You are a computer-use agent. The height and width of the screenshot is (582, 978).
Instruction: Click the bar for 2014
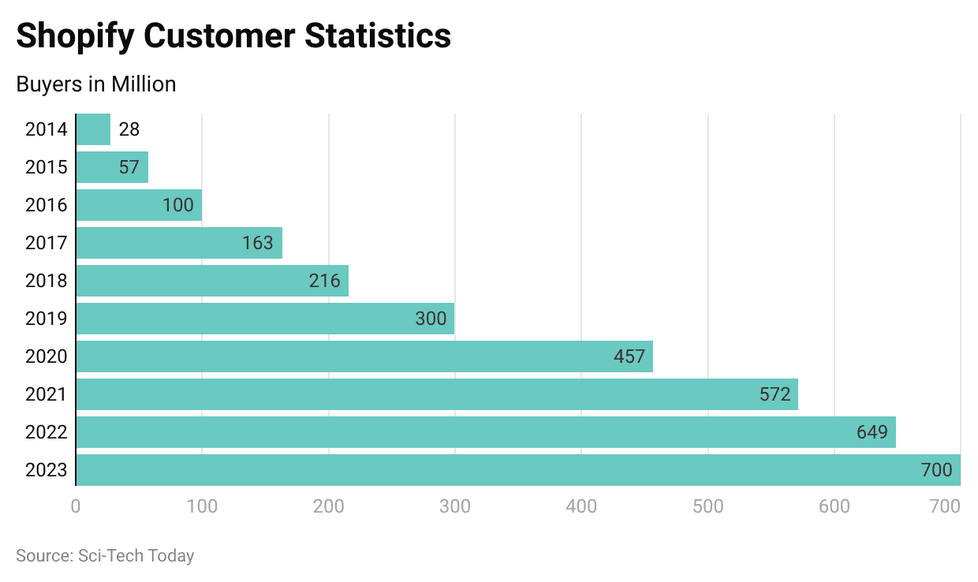coord(93,129)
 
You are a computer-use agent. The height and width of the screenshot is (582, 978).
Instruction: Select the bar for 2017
coord(179,243)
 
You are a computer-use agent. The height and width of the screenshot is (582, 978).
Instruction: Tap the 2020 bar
coord(364,356)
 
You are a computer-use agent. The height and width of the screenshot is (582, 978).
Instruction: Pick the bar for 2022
coord(485,432)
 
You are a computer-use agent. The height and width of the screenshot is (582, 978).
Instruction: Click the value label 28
coord(129,129)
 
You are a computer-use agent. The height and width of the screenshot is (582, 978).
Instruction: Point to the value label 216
coord(325,281)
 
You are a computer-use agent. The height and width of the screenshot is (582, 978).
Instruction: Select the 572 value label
coord(775,394)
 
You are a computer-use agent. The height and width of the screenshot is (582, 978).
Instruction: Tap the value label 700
coord(937,470)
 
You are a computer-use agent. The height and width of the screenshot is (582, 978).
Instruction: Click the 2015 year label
coord(47,167)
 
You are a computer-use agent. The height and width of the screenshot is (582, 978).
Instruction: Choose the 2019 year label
coord(47,319)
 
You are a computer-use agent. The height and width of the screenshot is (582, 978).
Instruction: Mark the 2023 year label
coord(47,470)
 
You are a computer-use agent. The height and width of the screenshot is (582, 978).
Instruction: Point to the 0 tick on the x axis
coord(76,506)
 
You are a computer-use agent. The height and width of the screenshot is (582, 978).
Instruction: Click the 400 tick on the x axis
coord(581,506)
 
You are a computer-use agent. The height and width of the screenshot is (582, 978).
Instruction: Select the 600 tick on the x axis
coord(834,506)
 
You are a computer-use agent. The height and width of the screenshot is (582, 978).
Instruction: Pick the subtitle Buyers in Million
coord(96,84)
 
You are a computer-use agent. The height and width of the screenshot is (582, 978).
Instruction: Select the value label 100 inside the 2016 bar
coord(178,205)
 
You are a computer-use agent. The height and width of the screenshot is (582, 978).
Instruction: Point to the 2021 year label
coord(47,394)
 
